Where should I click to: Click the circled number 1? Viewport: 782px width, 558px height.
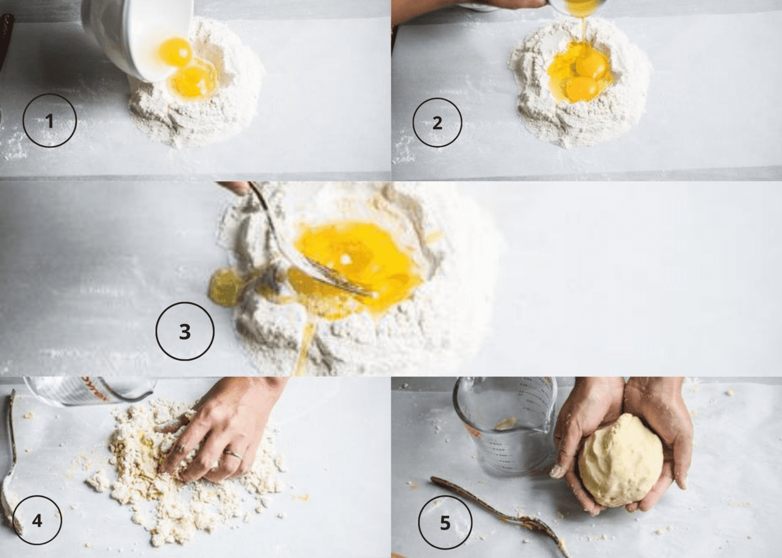pos(50,121)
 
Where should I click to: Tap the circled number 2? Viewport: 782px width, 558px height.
pos(437,123)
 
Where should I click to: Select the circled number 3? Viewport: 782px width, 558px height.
pos(185,332)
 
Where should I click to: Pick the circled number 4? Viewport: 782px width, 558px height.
pos(37,520)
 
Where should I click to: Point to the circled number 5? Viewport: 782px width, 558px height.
pos(445,522)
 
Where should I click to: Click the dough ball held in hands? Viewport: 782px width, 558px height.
pos(620,460)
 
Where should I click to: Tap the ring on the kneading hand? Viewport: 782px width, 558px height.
pos(234,454)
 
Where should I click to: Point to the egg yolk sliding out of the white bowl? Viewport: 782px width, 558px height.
pos(175,52)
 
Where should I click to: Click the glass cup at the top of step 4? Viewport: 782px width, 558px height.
pos(91,391)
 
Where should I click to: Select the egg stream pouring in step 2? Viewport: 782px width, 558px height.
pos(583,27)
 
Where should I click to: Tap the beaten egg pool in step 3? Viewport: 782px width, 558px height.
pos(357,260)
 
